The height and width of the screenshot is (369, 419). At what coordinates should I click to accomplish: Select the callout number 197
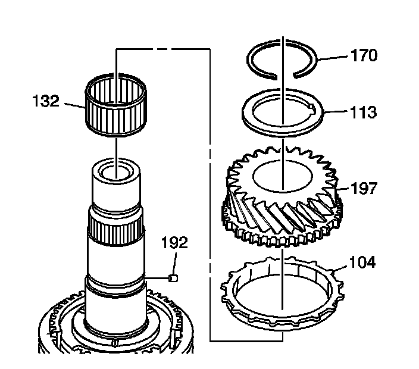coord(364,189)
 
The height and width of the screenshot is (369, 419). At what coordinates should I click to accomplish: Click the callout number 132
coord(46,101)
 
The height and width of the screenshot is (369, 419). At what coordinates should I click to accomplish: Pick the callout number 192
coord(174,242)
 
